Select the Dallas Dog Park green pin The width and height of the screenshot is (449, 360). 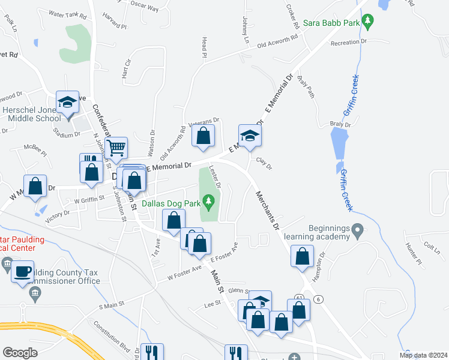tap(209, 202)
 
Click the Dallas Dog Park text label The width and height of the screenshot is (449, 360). tap(171, 203)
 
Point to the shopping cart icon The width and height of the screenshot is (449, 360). tap(116, 146)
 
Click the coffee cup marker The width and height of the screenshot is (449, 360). tap(23, 271)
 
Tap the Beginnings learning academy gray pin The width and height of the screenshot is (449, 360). tap(358, 229)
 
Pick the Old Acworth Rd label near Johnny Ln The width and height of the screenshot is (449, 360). tap(277, 41)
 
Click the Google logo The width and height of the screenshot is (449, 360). tap(20, 353)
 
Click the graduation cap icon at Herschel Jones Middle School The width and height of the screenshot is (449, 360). tap(68, 102)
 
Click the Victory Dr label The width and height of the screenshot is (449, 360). tap(58, 215)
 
